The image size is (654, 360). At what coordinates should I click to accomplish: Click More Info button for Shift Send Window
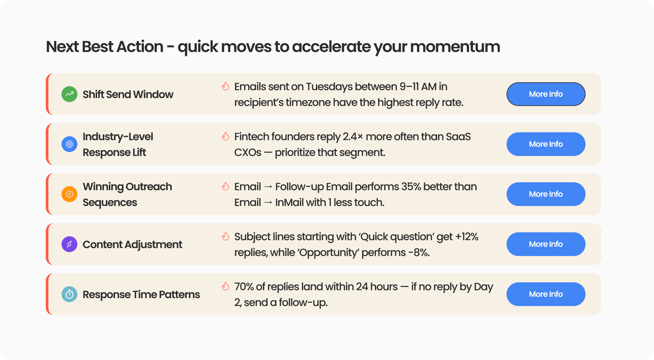[x=546, y=94]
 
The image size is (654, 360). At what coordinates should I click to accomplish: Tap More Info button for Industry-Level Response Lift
[x=546, y=144]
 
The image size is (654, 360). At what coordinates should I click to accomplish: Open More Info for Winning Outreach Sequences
[x=546, y=194]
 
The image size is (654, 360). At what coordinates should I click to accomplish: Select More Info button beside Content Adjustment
[x=546, y=244]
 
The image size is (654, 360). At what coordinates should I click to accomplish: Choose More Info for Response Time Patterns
[x=546, y=294]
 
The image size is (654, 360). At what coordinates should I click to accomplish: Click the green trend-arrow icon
[x=69, y=94]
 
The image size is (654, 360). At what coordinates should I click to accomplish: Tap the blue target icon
[x=69, y=144]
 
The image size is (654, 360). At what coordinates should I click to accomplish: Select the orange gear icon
[x=69, y=194]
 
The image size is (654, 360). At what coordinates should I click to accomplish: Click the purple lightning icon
[x=69, y=244]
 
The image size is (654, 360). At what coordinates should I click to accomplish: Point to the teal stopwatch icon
[x=69, y=294]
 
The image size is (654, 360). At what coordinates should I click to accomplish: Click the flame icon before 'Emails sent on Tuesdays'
[x=225, y=86]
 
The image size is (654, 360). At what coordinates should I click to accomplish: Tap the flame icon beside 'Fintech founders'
[x=225, y=136]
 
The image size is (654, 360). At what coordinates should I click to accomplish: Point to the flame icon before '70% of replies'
[x=225, y=286]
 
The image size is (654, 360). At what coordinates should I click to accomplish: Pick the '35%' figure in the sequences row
[x=411, y=187]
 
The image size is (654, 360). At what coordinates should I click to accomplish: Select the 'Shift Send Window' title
[x=128, y=94]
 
